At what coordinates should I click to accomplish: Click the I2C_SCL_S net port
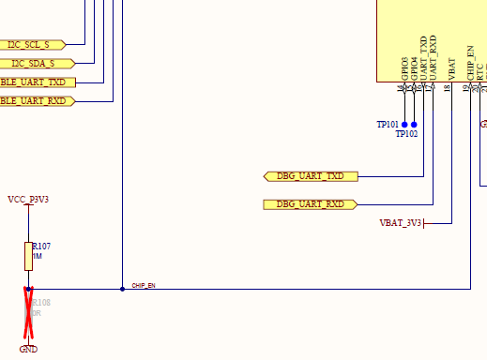(30, 44)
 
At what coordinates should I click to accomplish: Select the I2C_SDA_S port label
(32, 63)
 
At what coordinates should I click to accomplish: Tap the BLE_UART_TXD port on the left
(36, 82)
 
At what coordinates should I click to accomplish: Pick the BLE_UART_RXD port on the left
(36, 100)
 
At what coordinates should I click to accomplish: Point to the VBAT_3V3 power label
(401, 223)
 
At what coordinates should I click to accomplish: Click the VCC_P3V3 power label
(27, 200)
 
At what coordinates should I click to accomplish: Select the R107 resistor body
(28, 255)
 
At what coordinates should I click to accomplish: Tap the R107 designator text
(41, 246)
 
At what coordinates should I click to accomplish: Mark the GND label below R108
(28, 349)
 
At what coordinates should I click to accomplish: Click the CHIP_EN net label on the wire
(143, 285)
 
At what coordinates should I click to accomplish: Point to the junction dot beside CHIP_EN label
(122, 289)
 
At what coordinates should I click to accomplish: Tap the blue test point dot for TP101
(404, 124)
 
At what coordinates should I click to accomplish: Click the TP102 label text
(406, 134)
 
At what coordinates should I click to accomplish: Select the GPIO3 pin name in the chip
(405, 68)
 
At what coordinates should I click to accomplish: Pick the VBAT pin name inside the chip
(452, 67)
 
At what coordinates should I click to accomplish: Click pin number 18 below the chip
(447, 88)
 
